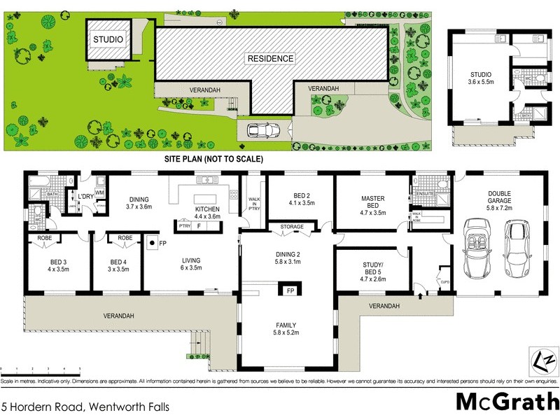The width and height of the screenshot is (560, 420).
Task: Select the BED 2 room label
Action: (300, 199)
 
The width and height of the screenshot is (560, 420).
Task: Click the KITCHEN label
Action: (207, 213)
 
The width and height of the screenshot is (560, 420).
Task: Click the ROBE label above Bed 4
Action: (126, 238)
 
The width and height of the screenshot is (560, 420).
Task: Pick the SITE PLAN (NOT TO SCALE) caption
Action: (213, 160)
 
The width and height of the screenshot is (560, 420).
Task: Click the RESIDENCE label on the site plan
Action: (269, 58)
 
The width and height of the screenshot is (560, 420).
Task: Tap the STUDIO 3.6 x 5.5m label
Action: (480, 78)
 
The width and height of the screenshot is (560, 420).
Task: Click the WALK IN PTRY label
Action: (254, 204)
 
